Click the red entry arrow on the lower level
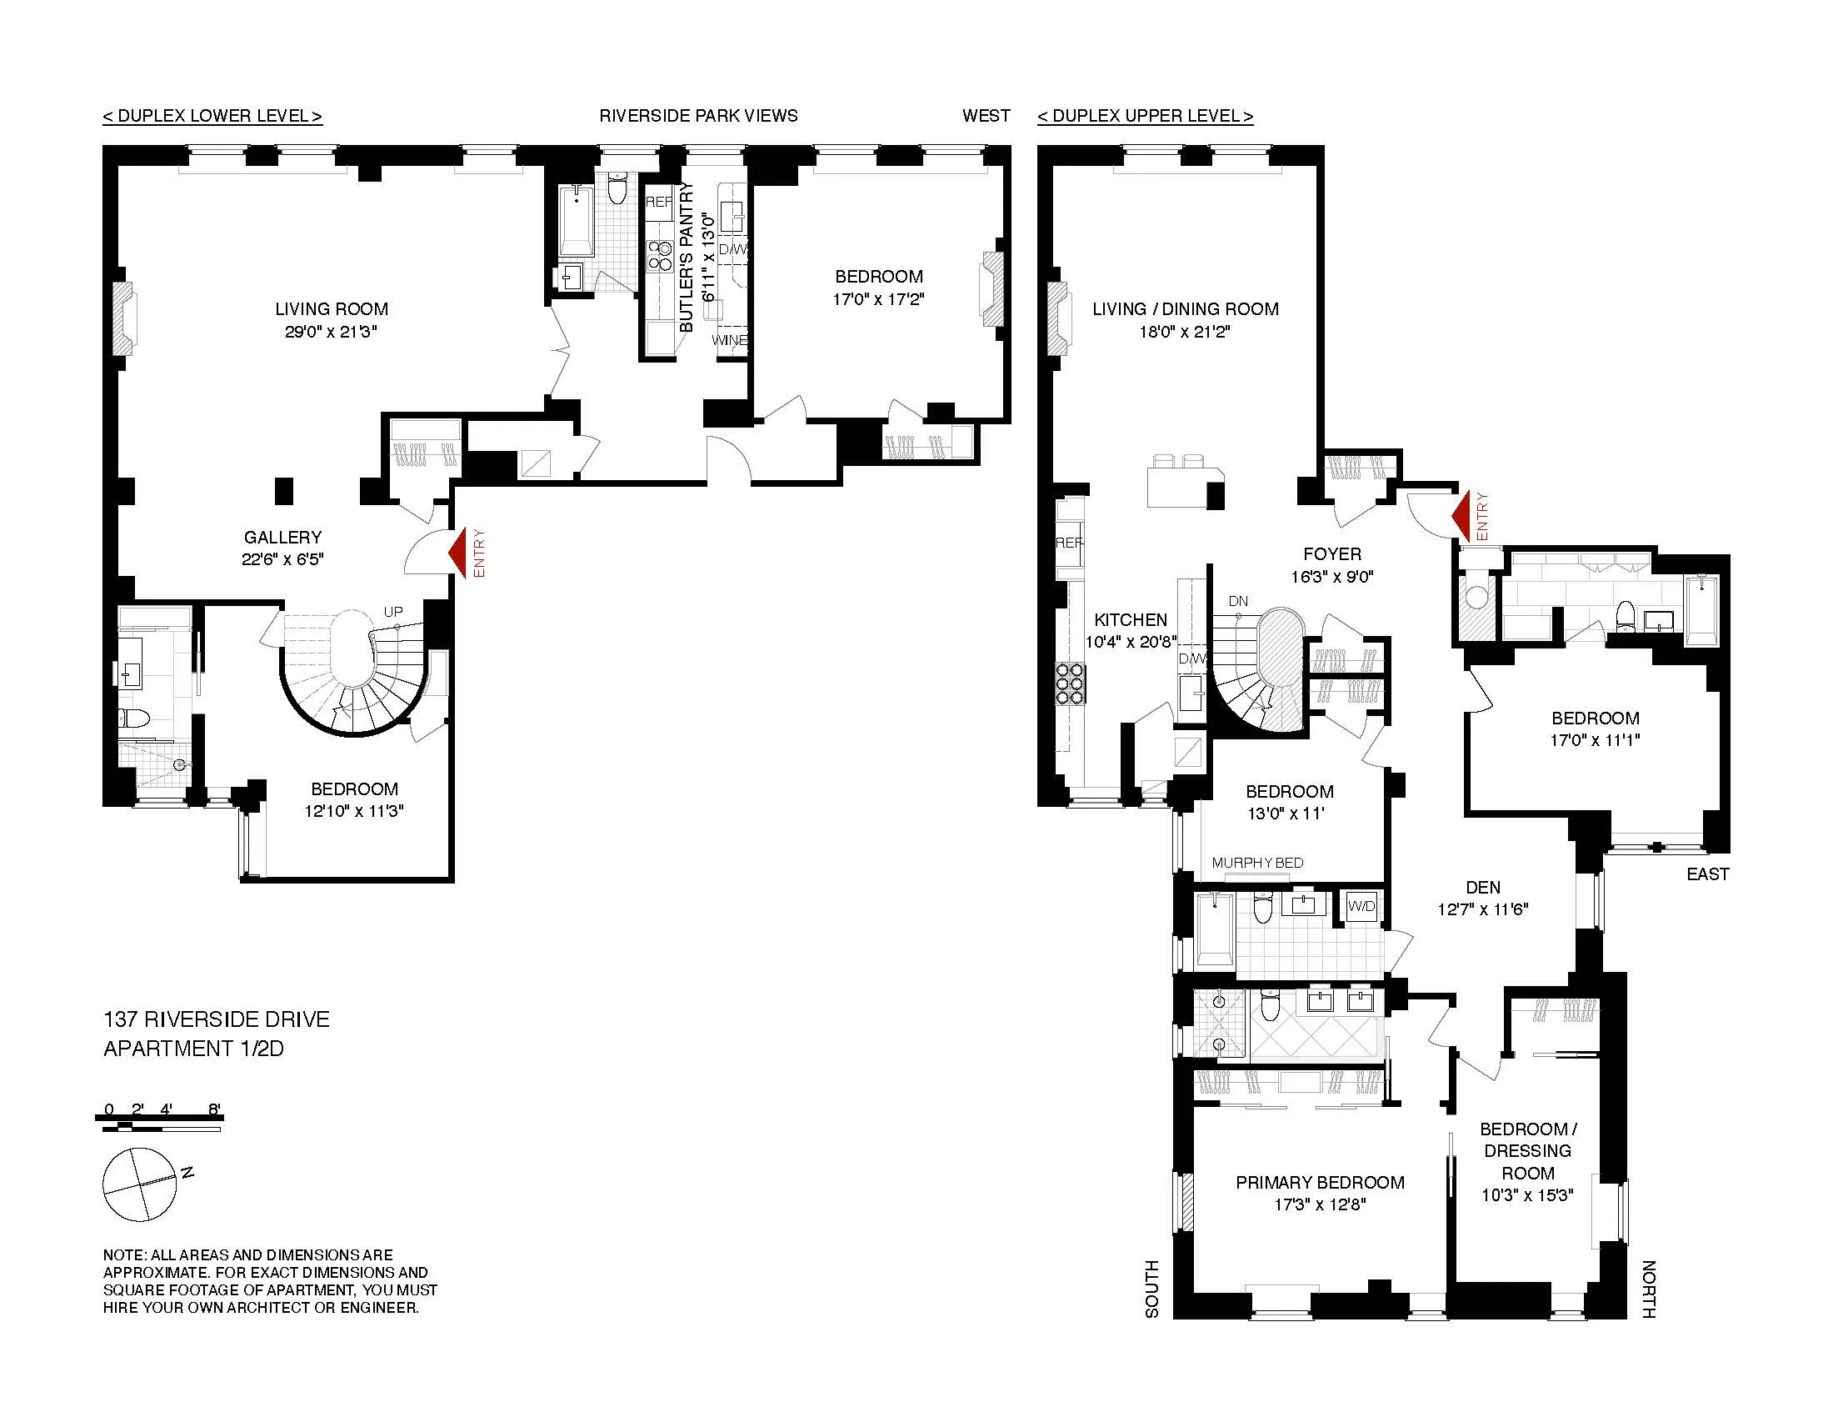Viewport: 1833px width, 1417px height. tap(458, 553)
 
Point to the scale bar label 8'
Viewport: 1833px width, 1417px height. tap(214, 1109)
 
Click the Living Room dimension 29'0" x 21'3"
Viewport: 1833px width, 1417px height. tap(331, 332)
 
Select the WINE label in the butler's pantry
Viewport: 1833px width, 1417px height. tap(728, 340)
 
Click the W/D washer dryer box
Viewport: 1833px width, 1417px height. tap(1361, 906)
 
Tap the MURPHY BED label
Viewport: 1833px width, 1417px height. tap(1257, 862)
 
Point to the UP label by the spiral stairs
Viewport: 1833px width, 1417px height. tap(392, 612)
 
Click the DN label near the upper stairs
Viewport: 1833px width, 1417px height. tap(1238, 601)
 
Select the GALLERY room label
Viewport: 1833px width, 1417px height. tap(282, 538)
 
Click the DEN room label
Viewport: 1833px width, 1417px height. tap(1483, 888)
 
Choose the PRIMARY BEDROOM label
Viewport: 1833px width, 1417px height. tap(1320, 1182)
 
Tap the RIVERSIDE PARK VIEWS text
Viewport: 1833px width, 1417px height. tap(698, 116)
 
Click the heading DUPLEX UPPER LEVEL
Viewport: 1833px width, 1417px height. tap(1145, 116)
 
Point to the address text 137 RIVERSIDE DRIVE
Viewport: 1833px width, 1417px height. tap(217, 1019)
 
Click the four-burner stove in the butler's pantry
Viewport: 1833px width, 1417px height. tap(659, 255)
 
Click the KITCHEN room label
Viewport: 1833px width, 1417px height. tap(1131, 619)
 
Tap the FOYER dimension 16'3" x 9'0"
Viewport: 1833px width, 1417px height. tap(1332, 577)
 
